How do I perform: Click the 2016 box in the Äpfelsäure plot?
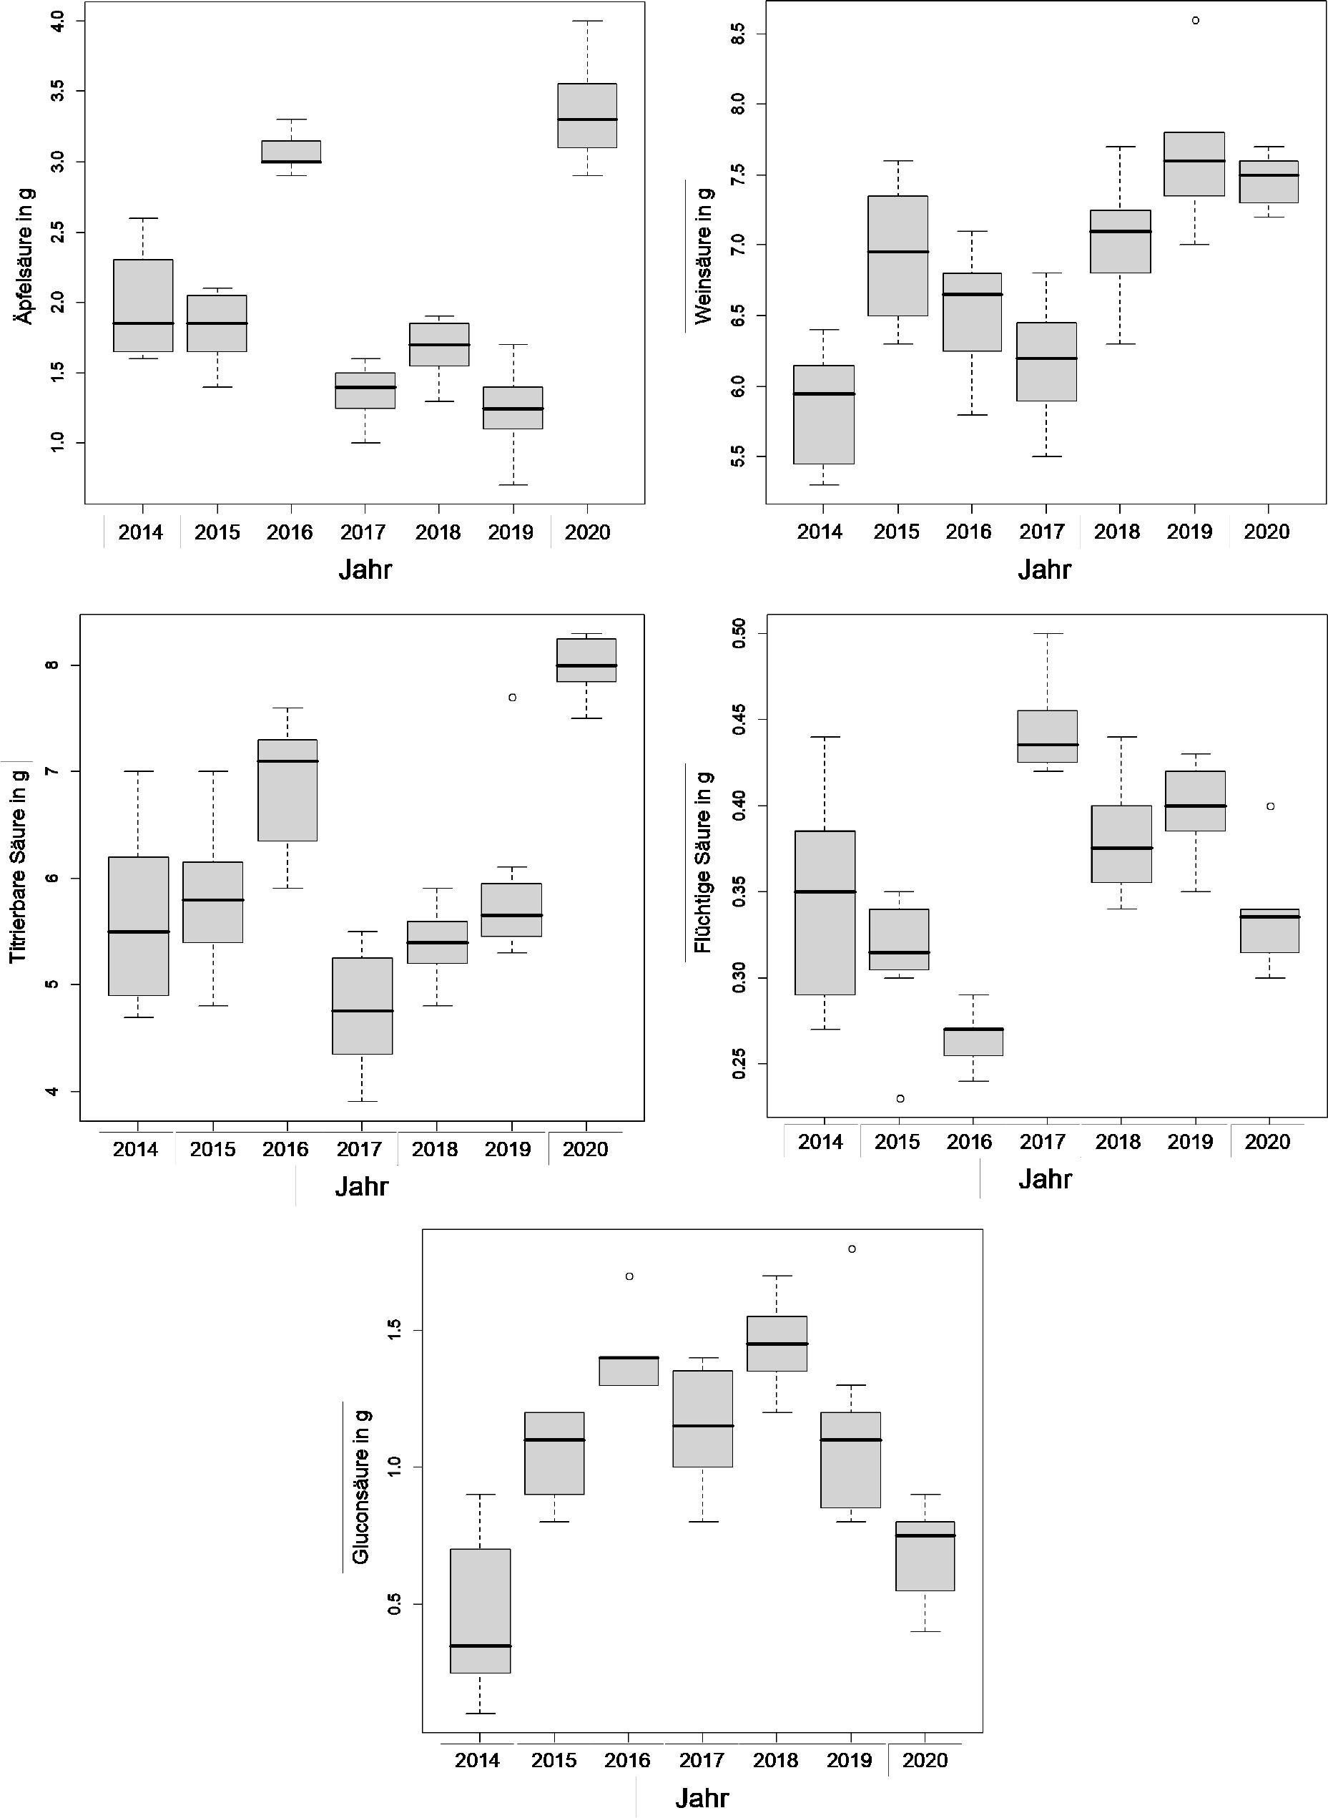pyautogui.click(x=290, y=151)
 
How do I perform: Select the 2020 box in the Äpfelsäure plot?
pyautogui.click(x=588, y=115)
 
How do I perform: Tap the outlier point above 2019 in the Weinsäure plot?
pyautogui.click(x=1196, y=21)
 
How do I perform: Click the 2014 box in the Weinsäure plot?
pyautogui.click(x=823, y=414)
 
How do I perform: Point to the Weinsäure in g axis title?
pyautogui.click(x=704, y=255)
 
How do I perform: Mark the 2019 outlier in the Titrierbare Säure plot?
pyautogui.click(x=512, y=697)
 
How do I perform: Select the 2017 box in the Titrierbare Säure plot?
pyautogui.click(x=363, y=1005)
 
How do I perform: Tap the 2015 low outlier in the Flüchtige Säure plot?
pyautogui.click(x=900, y=1098)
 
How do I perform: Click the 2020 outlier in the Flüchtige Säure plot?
pyautogui.click(x=1270, y=806)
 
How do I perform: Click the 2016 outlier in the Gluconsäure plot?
pyautogui.click(x=629, y=1276)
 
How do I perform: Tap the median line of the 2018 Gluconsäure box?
pyautogui.click(x=777, y=1344)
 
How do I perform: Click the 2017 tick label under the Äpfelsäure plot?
pyautogui.click(x=363, y=532)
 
